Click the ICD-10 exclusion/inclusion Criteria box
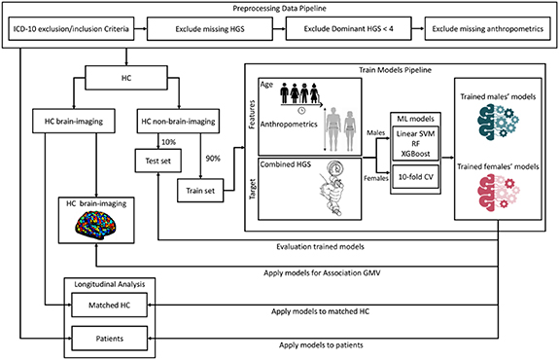click(x=71, y=28)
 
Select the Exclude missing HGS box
click(x=210, y=28)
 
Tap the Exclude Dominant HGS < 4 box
click(x=349, y=28)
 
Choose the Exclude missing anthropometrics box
click(x=488, y=28)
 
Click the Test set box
click(x=157, y=161)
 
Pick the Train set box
click(x=200, y=191)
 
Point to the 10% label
click(x=168, y=142)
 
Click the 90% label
click(x=213, y=159)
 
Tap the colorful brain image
click(x=95, y=224)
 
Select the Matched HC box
click(x=110, y=306)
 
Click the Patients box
click(x=110, y=339)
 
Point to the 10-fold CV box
click(x=416, y=177)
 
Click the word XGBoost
click(x=416, y=154)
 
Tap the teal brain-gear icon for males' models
click(x=498, y=120)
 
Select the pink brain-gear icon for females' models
click(x=498, y=191)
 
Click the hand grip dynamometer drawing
click(x=332, y=189)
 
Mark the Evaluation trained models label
click(x=320, y=246)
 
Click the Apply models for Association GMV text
click(x=322, y=273)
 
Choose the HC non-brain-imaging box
click(x=178, y=122)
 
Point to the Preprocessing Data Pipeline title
click(x=280, y=8)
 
